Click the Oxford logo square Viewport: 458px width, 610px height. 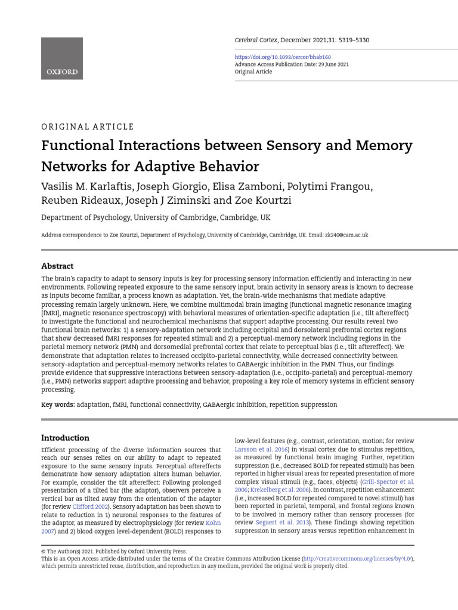point(62,58)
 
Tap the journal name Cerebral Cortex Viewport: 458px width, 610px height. point(259,39)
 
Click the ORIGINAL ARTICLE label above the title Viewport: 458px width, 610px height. point(88,127)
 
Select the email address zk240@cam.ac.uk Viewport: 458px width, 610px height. point(346,235)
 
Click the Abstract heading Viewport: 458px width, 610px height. point(57,266)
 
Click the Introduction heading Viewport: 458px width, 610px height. point(65,438)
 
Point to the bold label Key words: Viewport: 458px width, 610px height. point(58,404)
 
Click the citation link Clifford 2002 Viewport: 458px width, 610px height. point(91,506)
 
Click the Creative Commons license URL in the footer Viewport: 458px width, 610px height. point(357,559)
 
